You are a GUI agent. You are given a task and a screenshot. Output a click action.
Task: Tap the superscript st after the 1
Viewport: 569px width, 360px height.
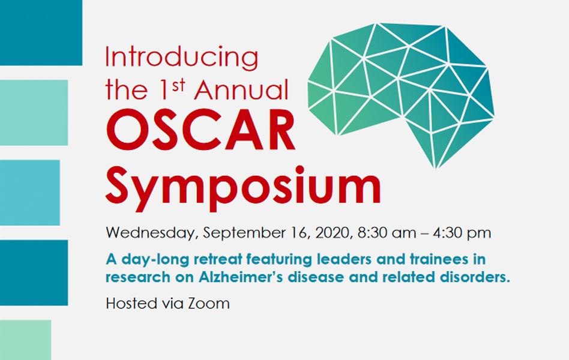(x=178, y=86)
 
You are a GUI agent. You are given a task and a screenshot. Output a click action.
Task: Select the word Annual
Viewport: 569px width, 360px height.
(x=241, y=89)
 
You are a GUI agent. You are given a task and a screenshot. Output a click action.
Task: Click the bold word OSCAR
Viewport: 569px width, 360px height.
(x=200, y=130)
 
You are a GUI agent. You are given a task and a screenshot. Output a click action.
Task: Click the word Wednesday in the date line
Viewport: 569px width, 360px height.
(x=152, y=233)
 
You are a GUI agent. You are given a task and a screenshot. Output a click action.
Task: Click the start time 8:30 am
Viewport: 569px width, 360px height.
(x=387, y=233)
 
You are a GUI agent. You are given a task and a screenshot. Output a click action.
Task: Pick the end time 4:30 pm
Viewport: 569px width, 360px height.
(x=462, y=233)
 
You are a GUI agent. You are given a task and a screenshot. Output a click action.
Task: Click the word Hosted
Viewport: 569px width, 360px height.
(x=132, y=304)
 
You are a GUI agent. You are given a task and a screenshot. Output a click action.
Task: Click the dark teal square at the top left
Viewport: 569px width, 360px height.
(x=41, y=32)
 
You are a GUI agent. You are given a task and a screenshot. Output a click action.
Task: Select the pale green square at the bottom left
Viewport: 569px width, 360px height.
(x=25, y=340)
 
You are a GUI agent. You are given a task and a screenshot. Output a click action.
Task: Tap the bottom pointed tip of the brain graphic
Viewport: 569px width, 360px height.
(x=436, y=169)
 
